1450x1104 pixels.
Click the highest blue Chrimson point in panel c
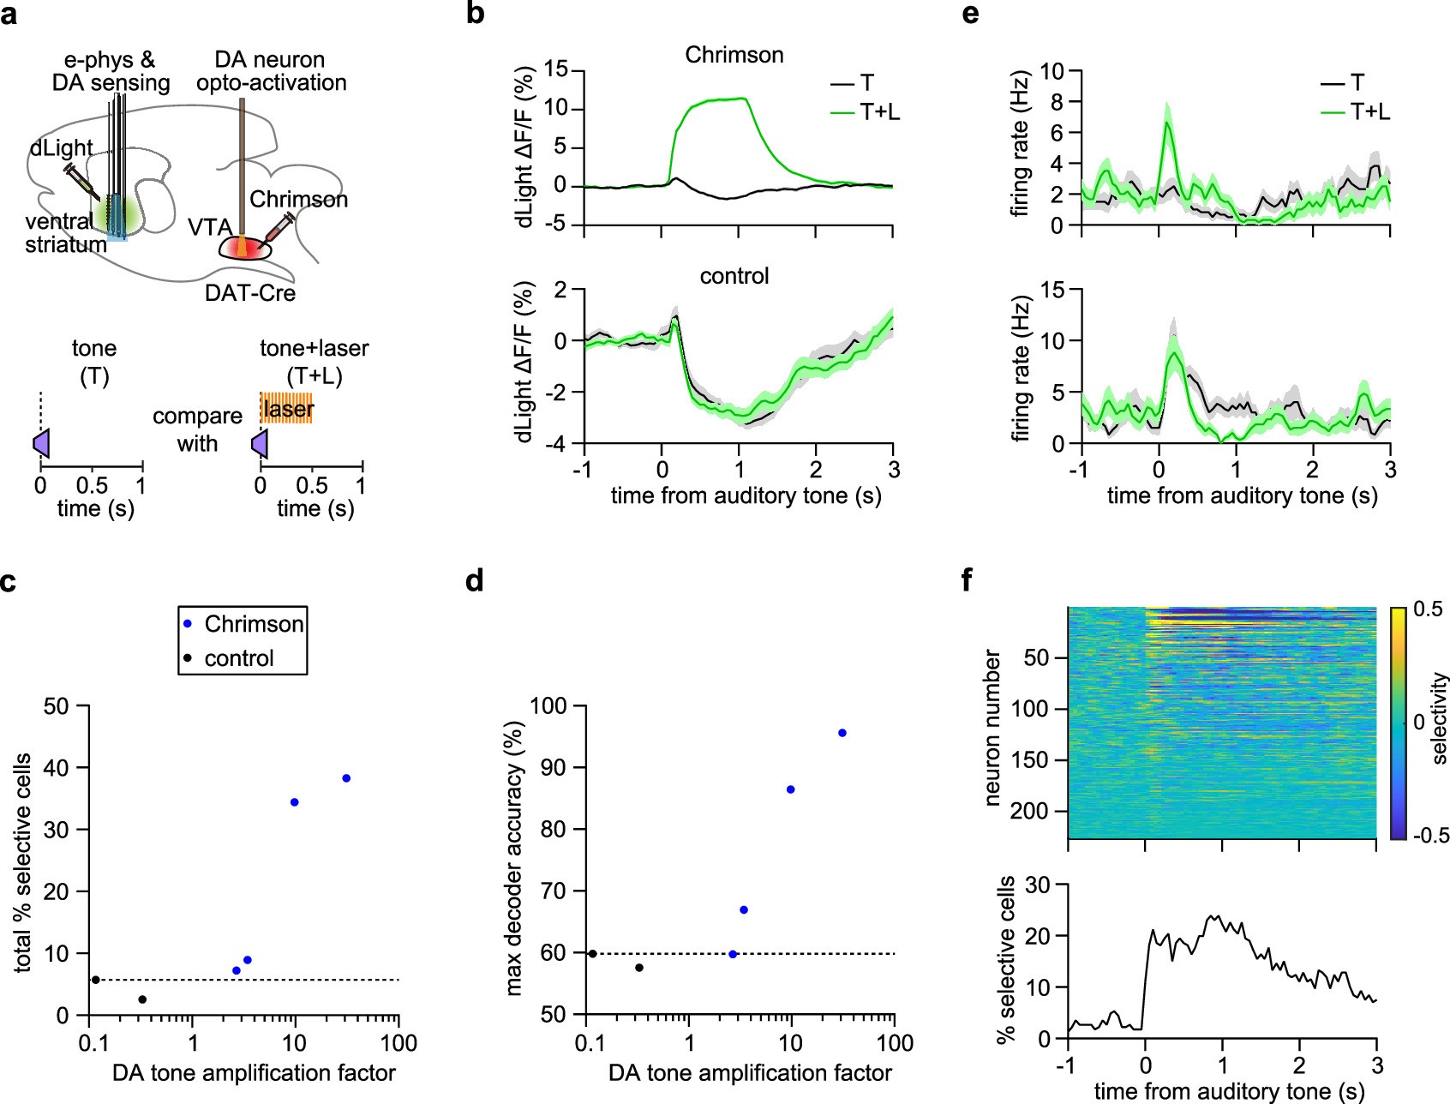346,778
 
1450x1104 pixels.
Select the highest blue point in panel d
842,733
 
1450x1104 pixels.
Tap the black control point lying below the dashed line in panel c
142,999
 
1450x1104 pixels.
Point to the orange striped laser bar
287,409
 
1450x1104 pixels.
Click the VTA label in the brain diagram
210,227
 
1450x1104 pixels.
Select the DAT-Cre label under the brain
250,293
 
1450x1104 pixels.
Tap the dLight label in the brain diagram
61,148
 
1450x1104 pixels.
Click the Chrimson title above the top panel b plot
734,55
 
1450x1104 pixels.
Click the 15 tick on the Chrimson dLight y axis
556,69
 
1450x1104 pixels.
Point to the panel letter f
968,580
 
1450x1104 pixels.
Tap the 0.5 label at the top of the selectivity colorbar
1428,609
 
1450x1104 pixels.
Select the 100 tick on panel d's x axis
895,1043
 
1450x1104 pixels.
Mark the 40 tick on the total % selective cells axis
57,768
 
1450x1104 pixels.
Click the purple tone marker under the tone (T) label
41,443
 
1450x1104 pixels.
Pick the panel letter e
970,15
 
